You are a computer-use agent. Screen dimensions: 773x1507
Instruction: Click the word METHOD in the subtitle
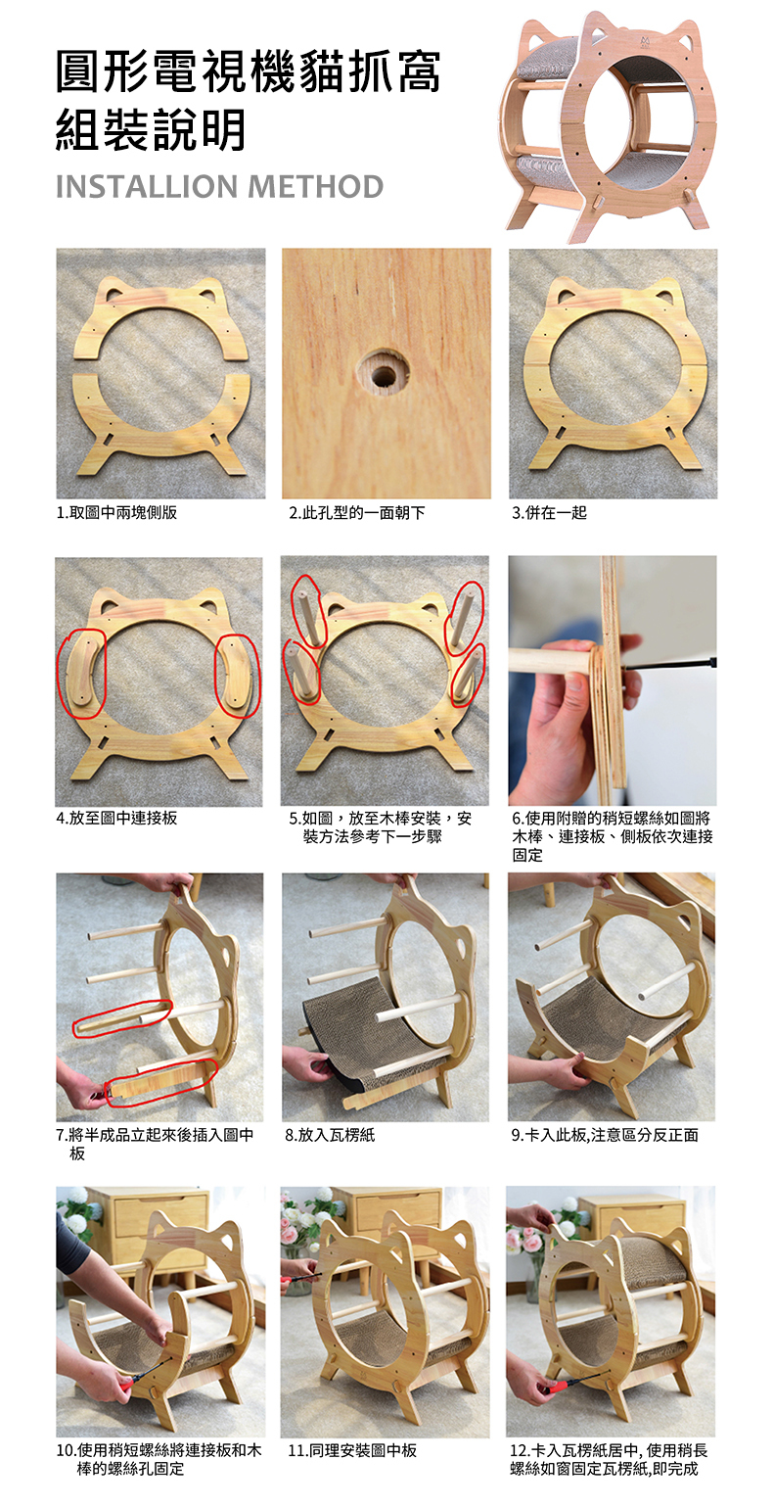(x=315, y=186)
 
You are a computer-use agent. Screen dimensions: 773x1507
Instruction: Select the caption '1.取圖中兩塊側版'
(x=117, y=513)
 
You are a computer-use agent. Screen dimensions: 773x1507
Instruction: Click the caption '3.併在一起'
(x=550, y=513)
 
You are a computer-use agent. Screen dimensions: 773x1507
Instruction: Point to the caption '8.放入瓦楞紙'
(x=330, y=1135)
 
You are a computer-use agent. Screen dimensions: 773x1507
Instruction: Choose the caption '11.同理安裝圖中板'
(x=352, y=1450)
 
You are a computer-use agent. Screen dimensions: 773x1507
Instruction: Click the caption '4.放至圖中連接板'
(x=117, y=818)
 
